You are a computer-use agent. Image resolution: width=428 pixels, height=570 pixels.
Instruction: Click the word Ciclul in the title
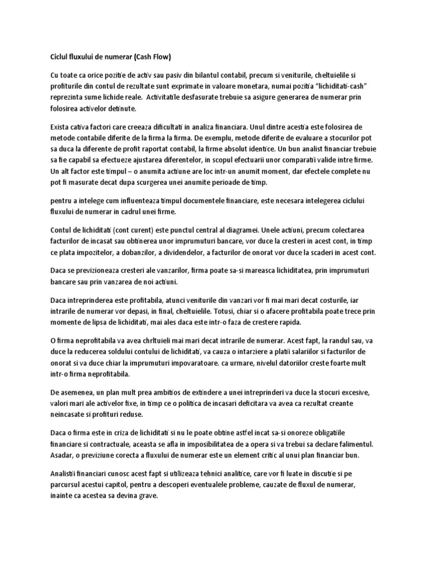point(54,57)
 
